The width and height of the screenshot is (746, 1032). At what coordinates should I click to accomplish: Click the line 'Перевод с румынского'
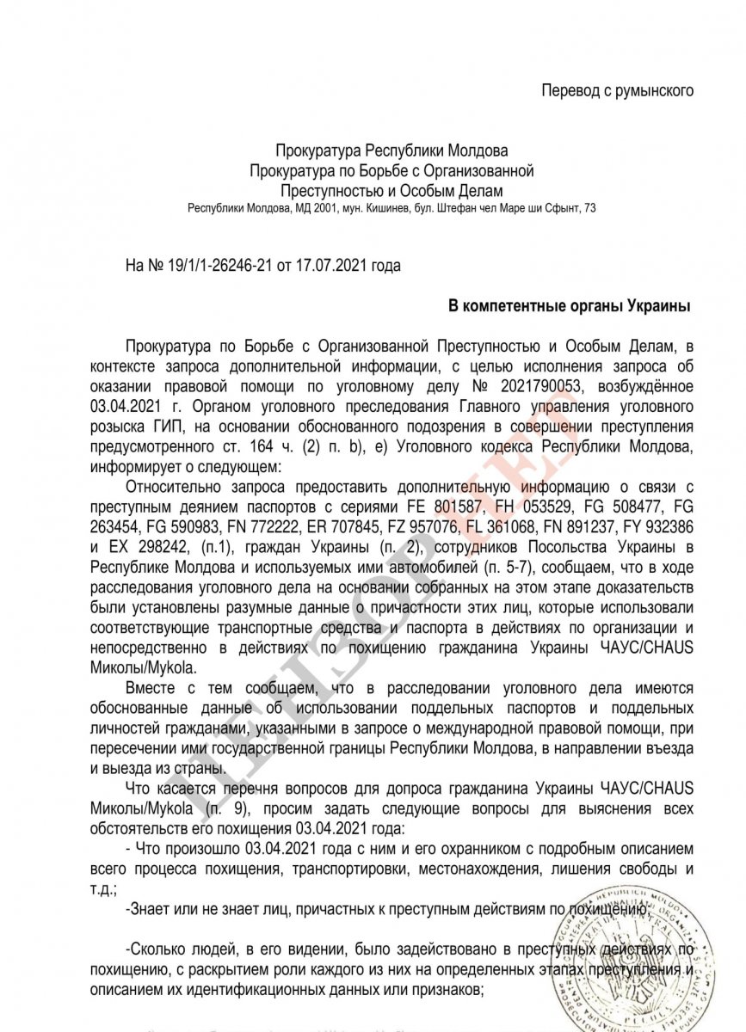click(617, 90)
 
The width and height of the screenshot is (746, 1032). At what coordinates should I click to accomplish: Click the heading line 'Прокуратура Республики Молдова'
click(391, 152)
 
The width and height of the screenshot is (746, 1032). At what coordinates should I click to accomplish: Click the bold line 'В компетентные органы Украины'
click(570, 305)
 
